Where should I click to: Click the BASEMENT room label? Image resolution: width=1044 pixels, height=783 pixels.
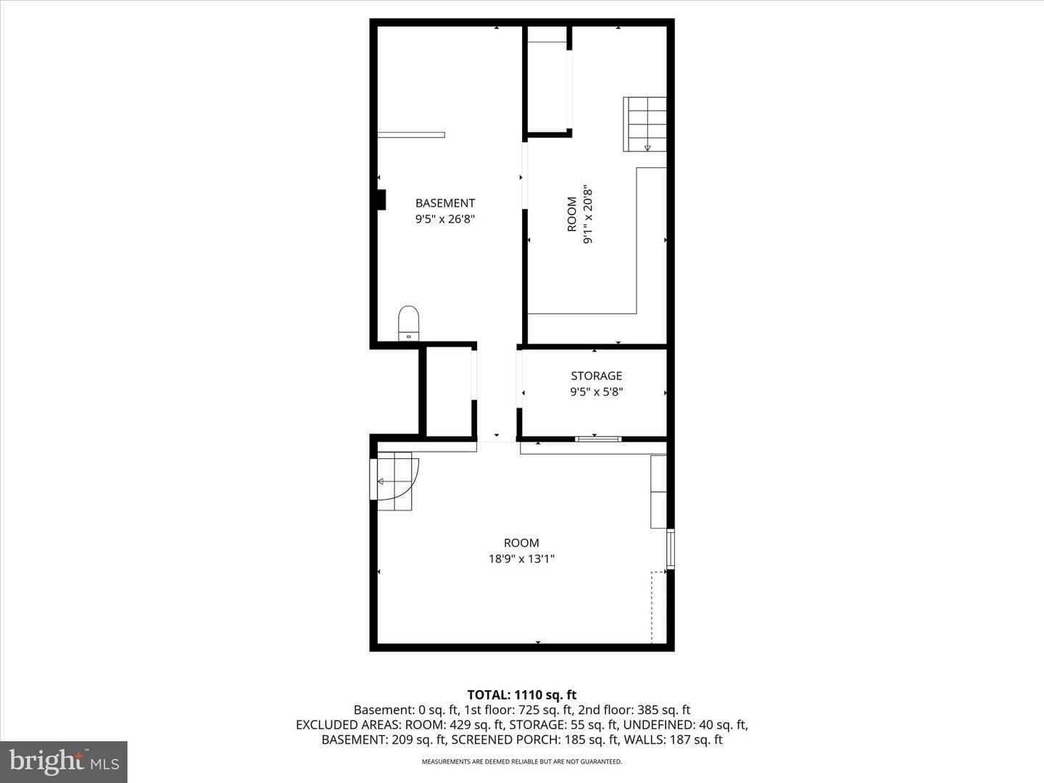[x=445, y=203]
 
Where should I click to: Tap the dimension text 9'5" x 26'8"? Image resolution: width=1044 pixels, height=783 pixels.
[x=445, y=219]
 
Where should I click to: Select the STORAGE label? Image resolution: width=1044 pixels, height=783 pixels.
[x=597, y=376]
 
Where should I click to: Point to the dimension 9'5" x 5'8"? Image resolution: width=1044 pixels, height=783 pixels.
[x=597, y=392]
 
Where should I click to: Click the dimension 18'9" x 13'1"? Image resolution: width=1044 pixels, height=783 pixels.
[x=522, y=558]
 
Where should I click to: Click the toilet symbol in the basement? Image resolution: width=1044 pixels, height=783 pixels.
[x=409, y=323]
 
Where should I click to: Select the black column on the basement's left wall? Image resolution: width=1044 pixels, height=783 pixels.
[x=381, y=199]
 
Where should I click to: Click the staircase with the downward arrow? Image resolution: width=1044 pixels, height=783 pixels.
[x=645, y=124]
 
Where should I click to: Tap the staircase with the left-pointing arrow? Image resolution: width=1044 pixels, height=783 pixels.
[x=394, y=481]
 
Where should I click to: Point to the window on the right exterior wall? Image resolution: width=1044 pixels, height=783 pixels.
[x=670, y=549]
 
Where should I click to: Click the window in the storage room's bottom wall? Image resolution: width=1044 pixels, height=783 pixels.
[x=598, y=439]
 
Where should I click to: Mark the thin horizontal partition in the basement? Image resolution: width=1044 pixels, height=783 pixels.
[x=411, y=135]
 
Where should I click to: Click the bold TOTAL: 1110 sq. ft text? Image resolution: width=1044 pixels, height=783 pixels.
[x=522, y=695]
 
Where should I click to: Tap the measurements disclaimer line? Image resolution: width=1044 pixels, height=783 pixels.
[x=522, y=761]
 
